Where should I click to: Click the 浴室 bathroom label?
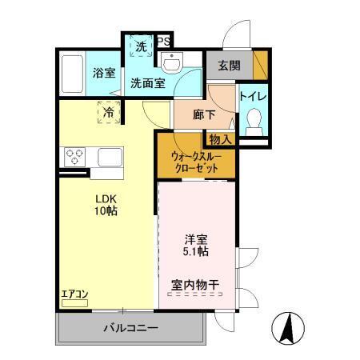point(104,73)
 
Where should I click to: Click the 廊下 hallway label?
point(205,114)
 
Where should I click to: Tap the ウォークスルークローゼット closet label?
point(197,162)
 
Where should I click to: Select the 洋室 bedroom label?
point(195,238)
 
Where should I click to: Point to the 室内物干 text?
point(195,285)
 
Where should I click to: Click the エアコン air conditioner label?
point(74,294)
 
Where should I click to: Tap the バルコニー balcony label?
point(130,329)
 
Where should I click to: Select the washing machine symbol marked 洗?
point(141,47)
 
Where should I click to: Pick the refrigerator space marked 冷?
point(108,113)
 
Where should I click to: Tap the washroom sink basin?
point(172,62)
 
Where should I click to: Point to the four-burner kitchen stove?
point(74,156)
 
